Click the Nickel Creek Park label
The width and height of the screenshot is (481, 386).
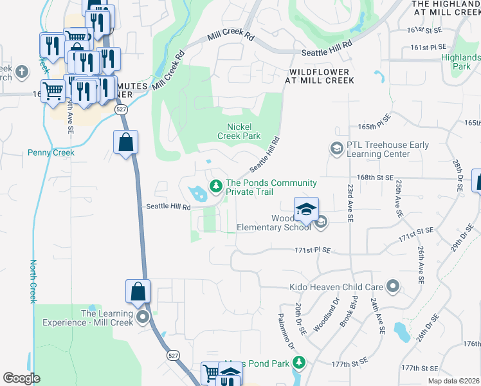244,131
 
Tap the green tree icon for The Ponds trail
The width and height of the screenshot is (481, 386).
216,186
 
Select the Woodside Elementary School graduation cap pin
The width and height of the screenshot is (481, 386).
307,208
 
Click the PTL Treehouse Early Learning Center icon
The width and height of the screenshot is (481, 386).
336,149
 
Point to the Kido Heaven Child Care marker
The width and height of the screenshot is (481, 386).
394,286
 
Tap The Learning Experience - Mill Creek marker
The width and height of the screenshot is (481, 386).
143,317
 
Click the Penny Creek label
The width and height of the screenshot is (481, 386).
51,153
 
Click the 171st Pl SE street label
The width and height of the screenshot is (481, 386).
313,250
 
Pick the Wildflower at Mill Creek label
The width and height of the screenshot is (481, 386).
320,76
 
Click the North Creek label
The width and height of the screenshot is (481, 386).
33,281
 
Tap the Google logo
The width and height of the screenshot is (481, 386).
22,378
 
